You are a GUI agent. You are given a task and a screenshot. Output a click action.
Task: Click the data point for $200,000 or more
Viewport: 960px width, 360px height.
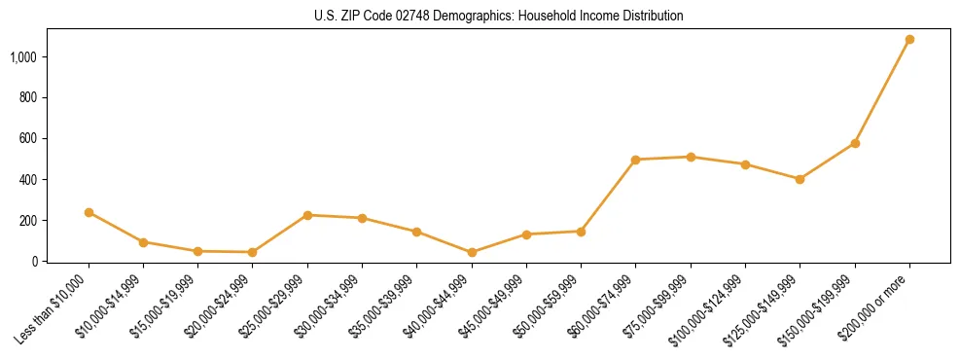tap(909, 40)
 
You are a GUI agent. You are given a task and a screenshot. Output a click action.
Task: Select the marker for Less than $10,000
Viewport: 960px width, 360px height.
tap(89, 212)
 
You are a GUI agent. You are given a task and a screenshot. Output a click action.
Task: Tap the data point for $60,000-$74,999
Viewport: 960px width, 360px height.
tap(635, 160)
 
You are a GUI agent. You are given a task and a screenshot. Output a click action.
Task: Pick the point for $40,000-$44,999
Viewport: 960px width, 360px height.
tap(472, 252)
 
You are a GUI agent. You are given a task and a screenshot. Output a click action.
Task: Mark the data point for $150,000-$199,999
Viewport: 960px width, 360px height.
tap(855, 143)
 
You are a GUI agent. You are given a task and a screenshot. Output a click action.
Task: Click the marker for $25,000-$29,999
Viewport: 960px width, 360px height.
tap(307, 215)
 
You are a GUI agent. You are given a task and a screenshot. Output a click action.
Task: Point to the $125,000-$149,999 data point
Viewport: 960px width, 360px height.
tap(800, 179)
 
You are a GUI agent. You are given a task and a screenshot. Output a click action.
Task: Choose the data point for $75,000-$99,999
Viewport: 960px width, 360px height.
tap(691, 157)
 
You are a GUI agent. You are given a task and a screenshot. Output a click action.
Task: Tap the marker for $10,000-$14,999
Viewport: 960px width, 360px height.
tap(143, 242)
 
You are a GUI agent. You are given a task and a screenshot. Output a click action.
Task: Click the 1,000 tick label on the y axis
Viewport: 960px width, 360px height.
tap(23, 57)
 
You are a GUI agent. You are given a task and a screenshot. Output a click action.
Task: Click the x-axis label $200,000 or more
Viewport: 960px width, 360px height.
tap(875, 303)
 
